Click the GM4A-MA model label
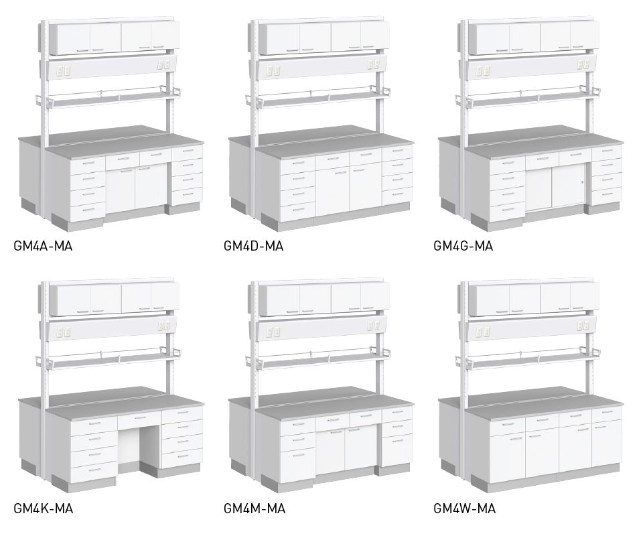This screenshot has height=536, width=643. (43, 246)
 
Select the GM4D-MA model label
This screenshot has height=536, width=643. (253, 246)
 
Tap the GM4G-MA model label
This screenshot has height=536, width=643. (463, 246)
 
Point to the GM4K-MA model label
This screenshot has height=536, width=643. (44, 509)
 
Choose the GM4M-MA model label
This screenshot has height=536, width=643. (255, 509)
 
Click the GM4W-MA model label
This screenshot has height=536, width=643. (465, 509)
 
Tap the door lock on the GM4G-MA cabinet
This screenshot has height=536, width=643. (582, 182)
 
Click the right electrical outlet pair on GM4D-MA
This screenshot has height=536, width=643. (374, 64)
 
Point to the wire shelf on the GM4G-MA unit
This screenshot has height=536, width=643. (533, 98)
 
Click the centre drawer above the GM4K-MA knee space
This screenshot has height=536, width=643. (139, 419)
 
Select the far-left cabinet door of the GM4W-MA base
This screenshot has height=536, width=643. (507, 456)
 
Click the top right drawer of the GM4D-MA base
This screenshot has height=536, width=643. (397, 152)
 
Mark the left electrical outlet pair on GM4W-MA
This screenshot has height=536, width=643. (483, 332)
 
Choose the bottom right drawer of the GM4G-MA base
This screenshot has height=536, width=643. (606, 196)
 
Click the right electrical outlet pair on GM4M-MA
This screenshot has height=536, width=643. (374, 326)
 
